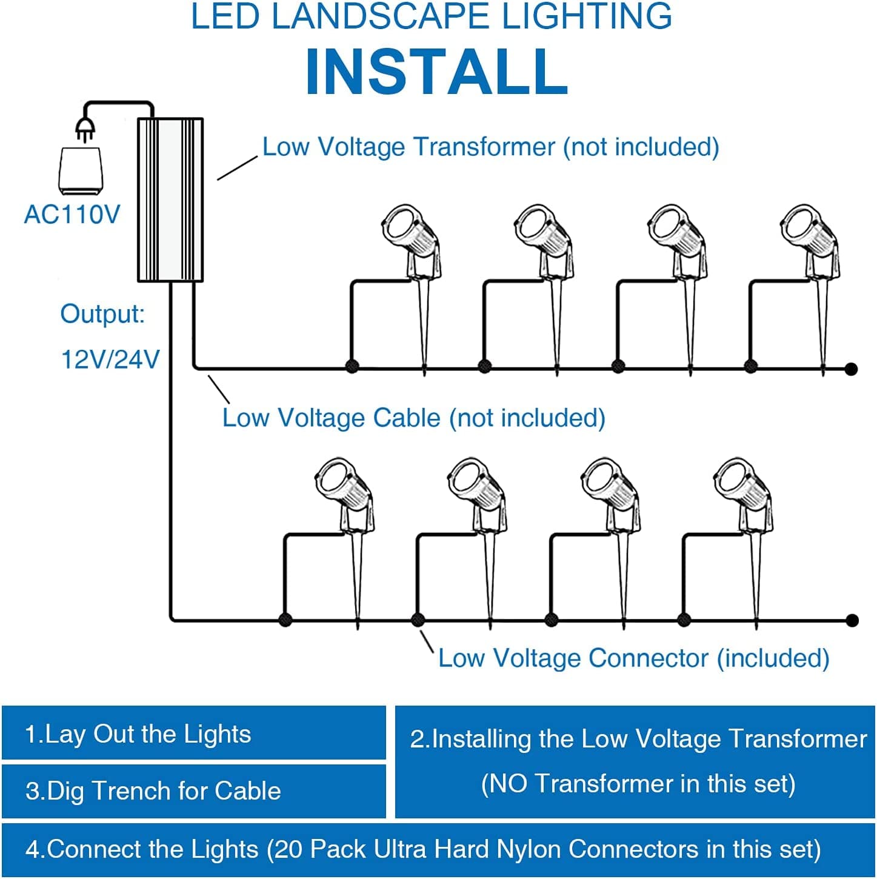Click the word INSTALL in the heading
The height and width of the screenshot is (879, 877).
(x=437, y=72)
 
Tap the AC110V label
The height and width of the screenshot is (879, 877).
(x=72, y=215)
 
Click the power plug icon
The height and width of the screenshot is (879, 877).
(x=85, y=130)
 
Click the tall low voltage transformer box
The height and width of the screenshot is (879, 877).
(x=170, y=200)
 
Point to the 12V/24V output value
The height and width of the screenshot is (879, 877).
(x=110, y=359)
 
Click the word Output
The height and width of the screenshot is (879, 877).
(x=102, y=313)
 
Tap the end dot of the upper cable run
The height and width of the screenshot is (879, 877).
(x=851, y=369)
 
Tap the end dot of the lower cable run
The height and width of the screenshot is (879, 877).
(x=852, y=620)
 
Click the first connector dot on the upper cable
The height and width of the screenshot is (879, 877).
(x=352, y=366)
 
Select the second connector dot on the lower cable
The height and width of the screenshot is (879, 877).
(x=418, y=620)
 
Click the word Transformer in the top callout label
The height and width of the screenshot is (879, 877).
(x=484, y=147)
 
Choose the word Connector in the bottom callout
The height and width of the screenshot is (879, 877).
(x=649, y=658)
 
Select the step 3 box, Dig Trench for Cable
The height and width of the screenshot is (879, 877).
(x=194, y=791)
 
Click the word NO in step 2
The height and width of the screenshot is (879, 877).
(x=508, y=784)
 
